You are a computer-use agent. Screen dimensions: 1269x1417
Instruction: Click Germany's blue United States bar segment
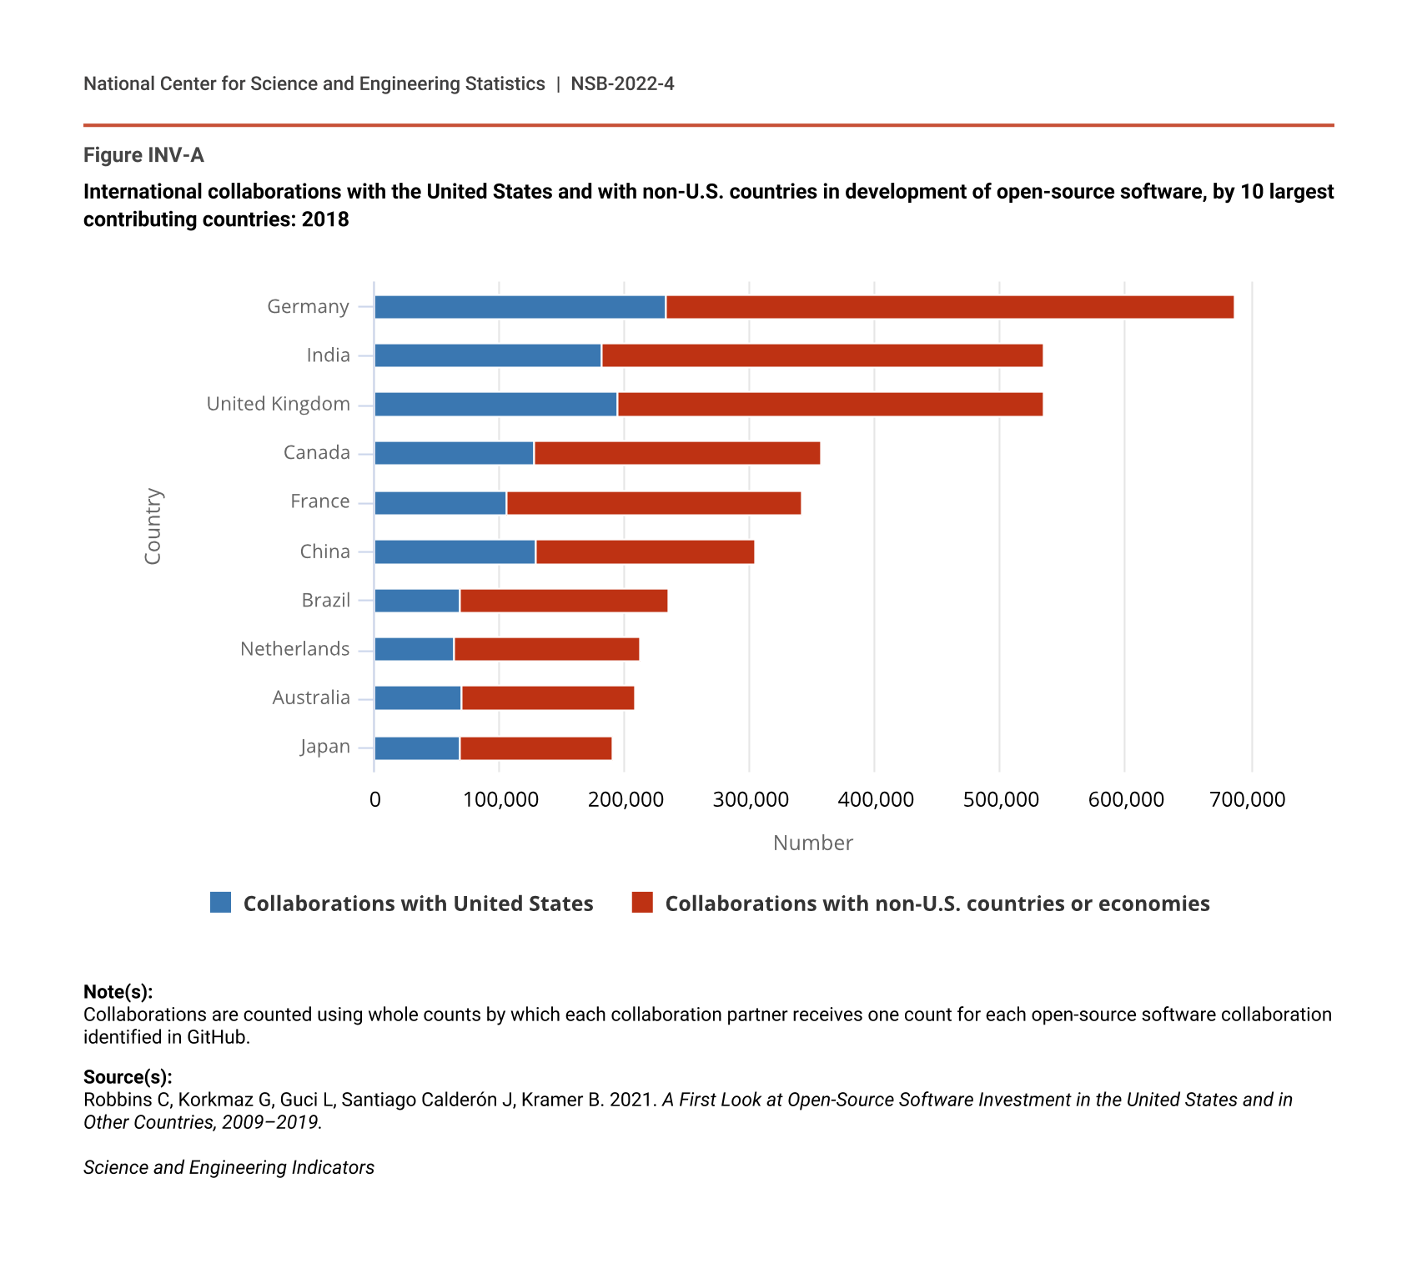tap(520, 307)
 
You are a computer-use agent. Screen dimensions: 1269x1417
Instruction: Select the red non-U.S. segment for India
tap(822, 355)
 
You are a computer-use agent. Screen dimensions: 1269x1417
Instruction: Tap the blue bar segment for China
tap(455, 552)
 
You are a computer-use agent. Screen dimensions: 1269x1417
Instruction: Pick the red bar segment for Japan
tap(535, 748)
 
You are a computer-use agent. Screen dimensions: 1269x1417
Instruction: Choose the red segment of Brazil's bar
tap(563, 601)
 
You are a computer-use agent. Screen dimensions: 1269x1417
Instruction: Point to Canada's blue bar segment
tap(454, 453)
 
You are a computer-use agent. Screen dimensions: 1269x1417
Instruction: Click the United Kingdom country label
tap(278, 404)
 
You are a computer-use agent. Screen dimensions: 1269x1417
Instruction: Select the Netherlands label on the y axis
tap(294, 649)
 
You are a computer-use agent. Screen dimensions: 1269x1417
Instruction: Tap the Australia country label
tap(310, 697)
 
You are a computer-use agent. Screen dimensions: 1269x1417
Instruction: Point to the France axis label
tap(319, 501)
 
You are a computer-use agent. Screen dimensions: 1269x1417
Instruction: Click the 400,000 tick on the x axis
tap(875, 799)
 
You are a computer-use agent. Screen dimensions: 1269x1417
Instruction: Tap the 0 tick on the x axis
tap(374, 799)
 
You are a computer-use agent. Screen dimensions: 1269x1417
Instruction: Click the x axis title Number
tap(812, 843)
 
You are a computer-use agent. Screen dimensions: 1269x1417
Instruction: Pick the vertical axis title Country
tap(153, 526)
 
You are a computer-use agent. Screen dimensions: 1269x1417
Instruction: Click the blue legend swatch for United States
tap(220, 903)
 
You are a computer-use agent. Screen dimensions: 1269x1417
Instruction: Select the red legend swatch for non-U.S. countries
tap(642, 903)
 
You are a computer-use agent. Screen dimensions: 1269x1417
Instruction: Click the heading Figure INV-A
tap(143, 155)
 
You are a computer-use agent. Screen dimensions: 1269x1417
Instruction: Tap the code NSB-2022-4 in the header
tap(622, 83)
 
